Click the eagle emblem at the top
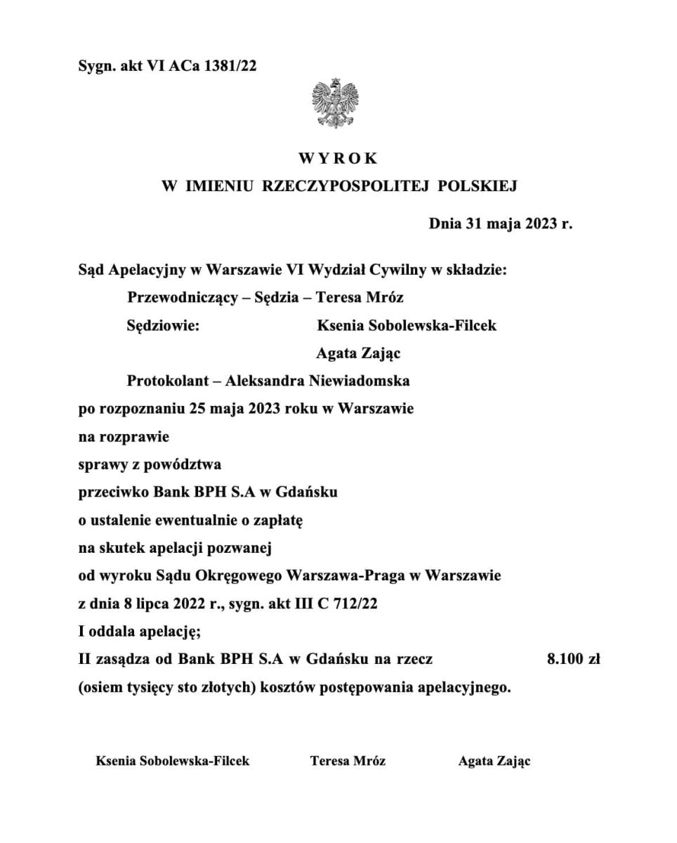coord(335,103)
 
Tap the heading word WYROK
coord(338,159)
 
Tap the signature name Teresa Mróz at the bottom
coord(348,761)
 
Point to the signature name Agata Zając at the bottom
coord(494,761)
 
